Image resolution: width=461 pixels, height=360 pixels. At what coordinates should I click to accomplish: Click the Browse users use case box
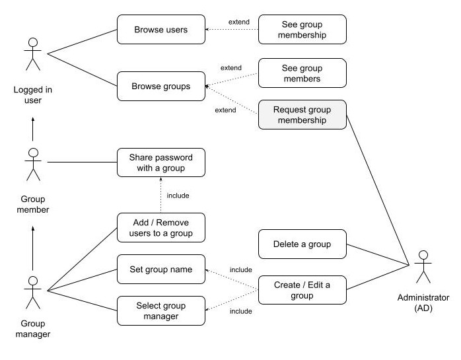pos(160,30)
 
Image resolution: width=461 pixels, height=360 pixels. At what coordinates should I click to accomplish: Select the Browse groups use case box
pos(160,86)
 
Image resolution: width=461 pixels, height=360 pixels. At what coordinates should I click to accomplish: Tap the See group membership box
pos(302,30)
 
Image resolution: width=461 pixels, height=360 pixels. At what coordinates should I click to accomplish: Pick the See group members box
pos(302,73)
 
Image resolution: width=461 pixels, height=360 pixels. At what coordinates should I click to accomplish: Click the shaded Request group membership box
pos(302,114)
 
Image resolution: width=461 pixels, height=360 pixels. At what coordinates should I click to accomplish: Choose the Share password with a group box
pos(160,162)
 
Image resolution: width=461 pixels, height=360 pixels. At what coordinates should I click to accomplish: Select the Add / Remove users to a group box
pos(160,227)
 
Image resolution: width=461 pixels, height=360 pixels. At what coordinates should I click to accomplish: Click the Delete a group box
pos(302,244)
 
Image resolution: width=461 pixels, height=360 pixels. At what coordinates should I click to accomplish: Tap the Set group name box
pos(160,270)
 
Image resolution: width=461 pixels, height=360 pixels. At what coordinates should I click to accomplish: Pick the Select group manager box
pos(160,310)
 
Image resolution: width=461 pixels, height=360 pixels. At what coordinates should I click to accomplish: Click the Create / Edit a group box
pos(302,290)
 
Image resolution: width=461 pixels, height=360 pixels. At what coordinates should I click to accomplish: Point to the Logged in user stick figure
pos(31,54)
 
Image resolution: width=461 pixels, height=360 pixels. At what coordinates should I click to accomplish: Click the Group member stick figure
pos(31,164)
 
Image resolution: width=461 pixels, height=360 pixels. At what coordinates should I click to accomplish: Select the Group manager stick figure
pos(31,292)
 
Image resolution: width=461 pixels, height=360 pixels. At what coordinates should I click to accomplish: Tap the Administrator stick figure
pos(423,266)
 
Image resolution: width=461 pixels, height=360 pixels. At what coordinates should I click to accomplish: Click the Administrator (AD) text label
pos(423,303)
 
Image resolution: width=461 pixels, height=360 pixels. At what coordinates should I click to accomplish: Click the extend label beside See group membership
pos(239,22)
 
